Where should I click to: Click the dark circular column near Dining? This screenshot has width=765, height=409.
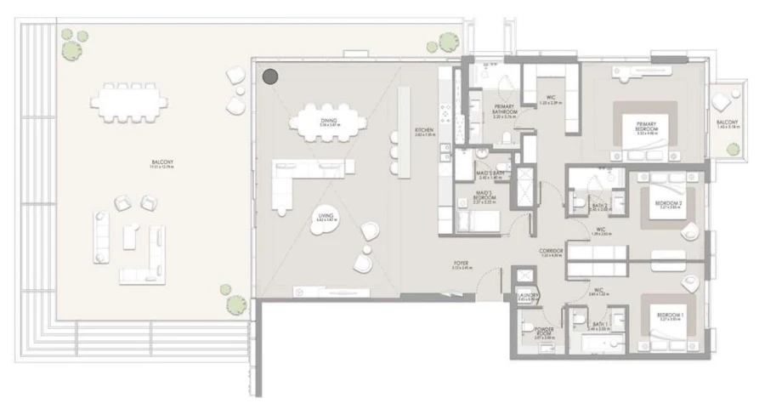pyautogui.click(x=269, y=77)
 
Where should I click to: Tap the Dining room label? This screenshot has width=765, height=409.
pyautogui.click(x=329, y=122)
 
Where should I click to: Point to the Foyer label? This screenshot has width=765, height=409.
pyautogui.click(x=462, y=265)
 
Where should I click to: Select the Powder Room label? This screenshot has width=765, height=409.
pyautogui.click(x=544, y=332)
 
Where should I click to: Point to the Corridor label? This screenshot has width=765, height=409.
pyautogui.click(x=550, y=253)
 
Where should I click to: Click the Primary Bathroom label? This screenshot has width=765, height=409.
pyautogui.click(x=507, y=111)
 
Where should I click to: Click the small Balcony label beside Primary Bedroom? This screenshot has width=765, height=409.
pyautogui.click(x=728, y=124)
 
